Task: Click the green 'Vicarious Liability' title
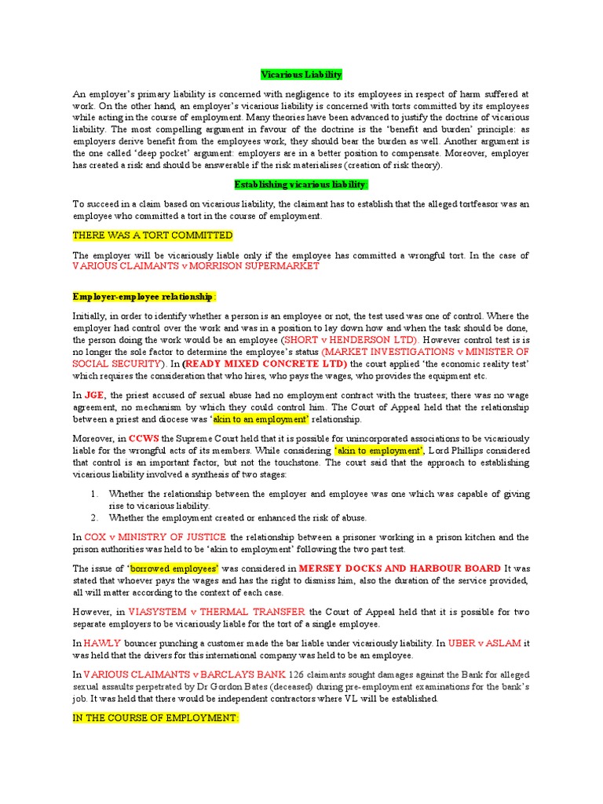pos(301,75)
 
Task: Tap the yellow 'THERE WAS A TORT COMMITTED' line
pos(152,236)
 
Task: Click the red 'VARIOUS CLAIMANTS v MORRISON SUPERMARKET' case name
pos(196,266)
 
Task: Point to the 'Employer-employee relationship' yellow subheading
pos(143,297)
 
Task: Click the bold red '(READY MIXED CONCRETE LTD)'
pos(265,364)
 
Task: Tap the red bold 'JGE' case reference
pos(94,397)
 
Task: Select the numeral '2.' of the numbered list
pos(93,517)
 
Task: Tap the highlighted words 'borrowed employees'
pos(174,568)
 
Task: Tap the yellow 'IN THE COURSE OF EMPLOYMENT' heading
pos(155,718)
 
